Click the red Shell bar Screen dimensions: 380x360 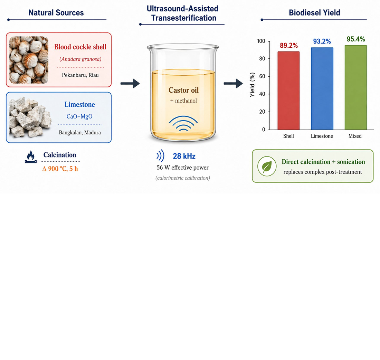pyautogui.click(x=288, y=91)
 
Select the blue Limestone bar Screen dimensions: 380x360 pyautogui.click(x=322, y=88)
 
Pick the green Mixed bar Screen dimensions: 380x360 pyautogui.click(x=355, y=87)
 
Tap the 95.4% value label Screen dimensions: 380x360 pyautogui.click(x=356, y=39)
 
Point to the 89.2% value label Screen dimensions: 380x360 pyautogui.click(x=289, y=45)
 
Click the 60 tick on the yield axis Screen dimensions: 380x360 pyautogui.click(x=262, y=76)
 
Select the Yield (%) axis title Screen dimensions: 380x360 pyautogui.click(x=252, y=85)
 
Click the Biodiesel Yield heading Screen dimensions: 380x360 pyautogui.click(x=314, y=12)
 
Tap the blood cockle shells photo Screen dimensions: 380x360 pyautogui.click(x=29, y=60)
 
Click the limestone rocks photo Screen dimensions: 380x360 pyautogui.click(x=30, y=117)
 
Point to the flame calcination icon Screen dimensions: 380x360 pyautogui.click(x=31, y=157)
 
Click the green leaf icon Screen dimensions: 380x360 pyautogui.click(x=267, y=166)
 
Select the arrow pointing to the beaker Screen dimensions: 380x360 pyautogui.click(x=130, y=83)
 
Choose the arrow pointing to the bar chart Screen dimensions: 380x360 pyautogui.click(x=233, y=83)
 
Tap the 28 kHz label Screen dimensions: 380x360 pyautogui.click(x=184, y=156)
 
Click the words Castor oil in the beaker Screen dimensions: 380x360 pyautogui.click(x=183, y=90)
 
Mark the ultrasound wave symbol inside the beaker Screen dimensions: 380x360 pyautogui.click(x=183, y=123)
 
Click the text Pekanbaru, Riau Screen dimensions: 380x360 pyautogui.click(x=80, y=75)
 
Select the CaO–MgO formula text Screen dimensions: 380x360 pyautogui.click(x=79, y=116)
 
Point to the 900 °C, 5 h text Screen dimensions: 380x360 pyautogui.click(x=60, y=169)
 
